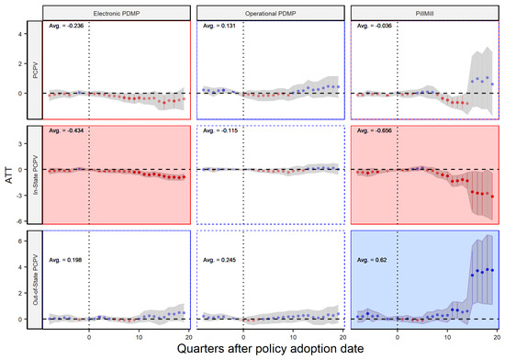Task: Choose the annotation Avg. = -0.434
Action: coord(65,133)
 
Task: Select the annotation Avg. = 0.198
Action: coord(64,237)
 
